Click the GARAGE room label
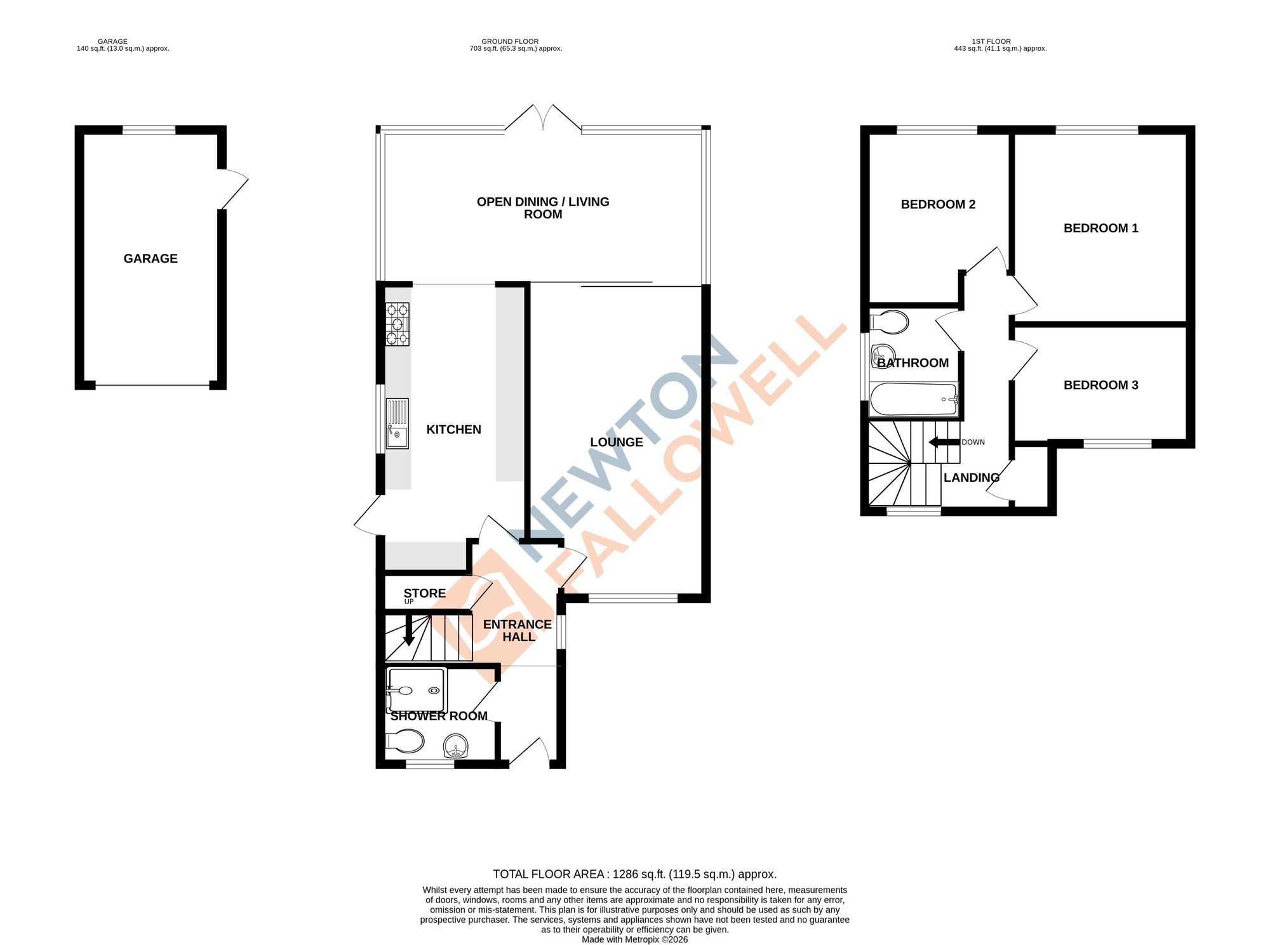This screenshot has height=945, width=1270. [150, 258]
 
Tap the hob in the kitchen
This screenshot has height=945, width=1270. [398, 324]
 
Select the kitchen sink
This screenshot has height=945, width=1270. [398, 423]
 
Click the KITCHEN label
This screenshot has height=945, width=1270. [453, 430]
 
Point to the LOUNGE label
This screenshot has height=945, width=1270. [616, 442]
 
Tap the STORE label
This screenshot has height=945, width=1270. [424, 593]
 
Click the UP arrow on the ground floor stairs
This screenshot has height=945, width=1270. [409, 631]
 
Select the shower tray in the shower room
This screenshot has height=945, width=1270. [417, 690]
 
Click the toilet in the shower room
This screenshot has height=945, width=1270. [406, 741]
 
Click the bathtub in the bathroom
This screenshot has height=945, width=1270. [913, 399]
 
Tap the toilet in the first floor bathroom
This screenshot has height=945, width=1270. [890, 322]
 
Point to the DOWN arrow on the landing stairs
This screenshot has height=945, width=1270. [944, 442]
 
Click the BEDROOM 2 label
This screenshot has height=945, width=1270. [938, 204]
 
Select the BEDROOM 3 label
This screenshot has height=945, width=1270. [1100, 385]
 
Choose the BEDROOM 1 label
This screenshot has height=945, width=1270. [1100, 228]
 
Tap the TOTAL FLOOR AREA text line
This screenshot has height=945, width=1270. [634, 874]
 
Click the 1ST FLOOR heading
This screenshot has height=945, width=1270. [991, 41]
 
